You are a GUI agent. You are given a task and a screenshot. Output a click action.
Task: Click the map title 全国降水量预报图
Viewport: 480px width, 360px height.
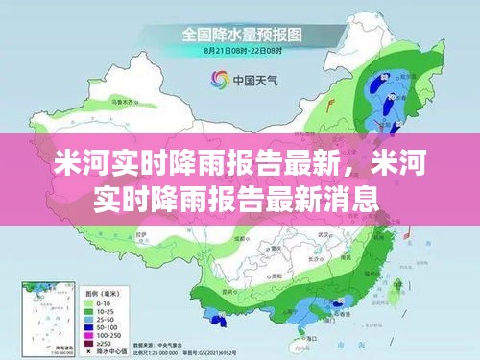pos(240,34)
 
